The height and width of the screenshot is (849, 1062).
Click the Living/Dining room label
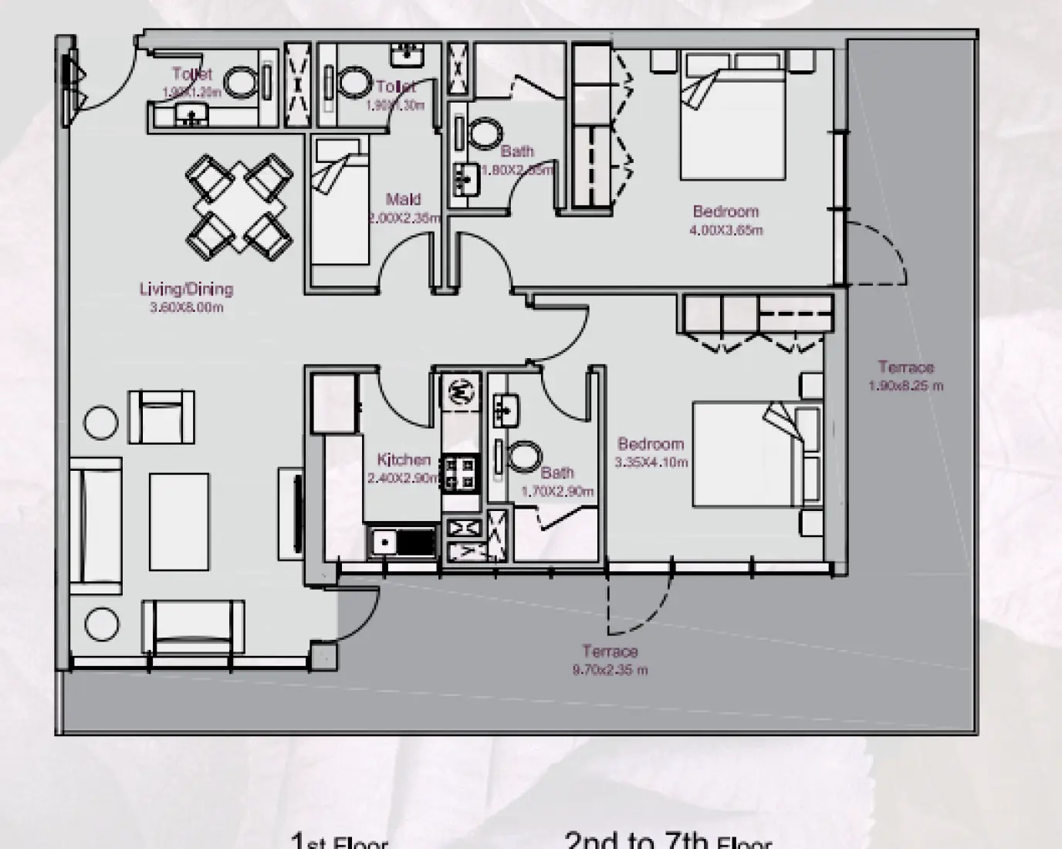186,289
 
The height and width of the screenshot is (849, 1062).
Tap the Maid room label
403,200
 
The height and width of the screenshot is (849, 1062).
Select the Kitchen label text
404,460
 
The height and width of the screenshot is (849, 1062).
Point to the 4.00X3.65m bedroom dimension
725,230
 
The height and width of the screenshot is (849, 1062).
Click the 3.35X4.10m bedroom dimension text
651,463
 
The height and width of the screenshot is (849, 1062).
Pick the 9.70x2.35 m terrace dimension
610,670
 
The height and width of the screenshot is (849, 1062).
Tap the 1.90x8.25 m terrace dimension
905,386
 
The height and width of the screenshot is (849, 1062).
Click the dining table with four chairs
238,206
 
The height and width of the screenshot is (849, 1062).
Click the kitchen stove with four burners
461,472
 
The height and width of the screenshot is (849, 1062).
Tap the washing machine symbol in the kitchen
461,392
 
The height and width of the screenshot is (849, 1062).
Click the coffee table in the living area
179,522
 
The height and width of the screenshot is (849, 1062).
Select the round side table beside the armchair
100,422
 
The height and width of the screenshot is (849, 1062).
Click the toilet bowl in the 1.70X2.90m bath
524,457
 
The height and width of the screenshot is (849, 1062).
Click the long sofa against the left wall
95,526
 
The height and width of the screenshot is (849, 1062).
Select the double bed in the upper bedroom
732,116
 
